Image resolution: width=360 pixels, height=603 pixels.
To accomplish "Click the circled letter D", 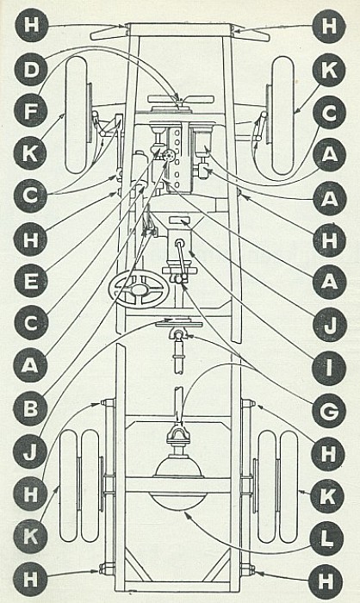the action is (32, 70).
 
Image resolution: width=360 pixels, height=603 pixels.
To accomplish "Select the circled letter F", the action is (32, 110).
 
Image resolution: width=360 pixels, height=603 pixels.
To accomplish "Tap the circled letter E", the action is (32, 281).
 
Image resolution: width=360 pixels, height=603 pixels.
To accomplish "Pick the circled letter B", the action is (31, 408).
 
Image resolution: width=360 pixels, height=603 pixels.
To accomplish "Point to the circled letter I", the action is (329, 368).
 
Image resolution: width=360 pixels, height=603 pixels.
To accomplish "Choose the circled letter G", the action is (329, 411).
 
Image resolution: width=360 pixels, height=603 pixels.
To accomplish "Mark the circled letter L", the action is (327, 538).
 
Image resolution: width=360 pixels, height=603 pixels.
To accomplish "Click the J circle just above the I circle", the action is (330, 325).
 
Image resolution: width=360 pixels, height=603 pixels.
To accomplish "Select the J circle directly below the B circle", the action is (30, 451).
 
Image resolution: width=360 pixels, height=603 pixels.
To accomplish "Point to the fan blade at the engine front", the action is (181, 99).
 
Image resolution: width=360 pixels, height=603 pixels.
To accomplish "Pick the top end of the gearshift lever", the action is (179, 243).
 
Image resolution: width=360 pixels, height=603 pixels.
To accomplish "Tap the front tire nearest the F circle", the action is (77, 115).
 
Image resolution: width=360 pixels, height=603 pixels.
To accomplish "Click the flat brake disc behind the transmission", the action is (179, 325).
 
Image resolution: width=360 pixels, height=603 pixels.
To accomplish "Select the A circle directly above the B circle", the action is (31, 366).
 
